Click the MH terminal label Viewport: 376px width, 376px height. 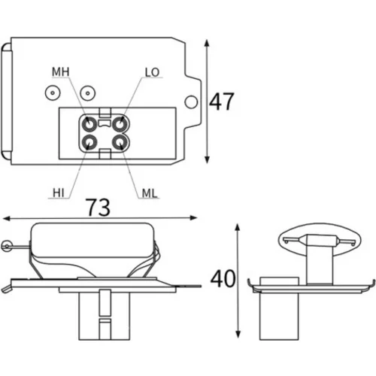pos(60,72)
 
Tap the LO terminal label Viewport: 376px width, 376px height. pos(152,72)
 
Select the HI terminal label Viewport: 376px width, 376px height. pos(59,193)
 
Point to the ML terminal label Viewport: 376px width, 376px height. pos(150,193)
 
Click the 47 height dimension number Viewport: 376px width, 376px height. pos(222,102)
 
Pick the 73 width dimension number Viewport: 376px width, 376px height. pos(98,208)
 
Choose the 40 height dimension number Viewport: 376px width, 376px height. pos(223,279)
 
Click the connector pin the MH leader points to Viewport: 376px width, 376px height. pos(89,124)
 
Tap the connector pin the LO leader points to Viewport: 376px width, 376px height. pos(120,124)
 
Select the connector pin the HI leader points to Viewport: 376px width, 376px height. pos(89,143)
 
